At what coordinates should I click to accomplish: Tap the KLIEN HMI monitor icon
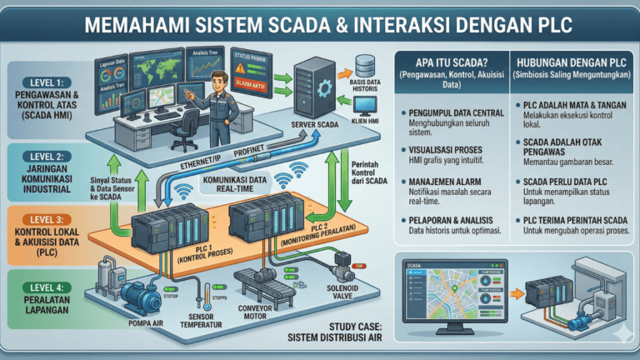[x=365, y=107]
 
